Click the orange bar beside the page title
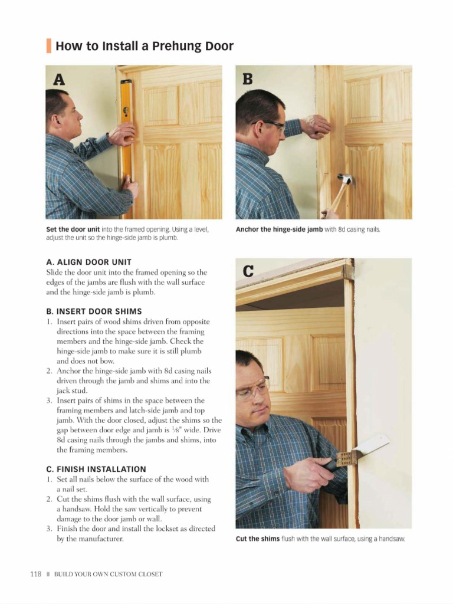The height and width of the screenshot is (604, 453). (x=48, y=45)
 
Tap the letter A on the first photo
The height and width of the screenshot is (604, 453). (x=59, y=79)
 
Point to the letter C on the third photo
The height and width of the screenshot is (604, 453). (x=248, y=271)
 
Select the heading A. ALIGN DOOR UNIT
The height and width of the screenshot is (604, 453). (x=88, y=261)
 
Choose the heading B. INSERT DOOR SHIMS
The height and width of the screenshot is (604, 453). (x=94, y=311)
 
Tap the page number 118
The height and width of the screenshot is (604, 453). (x=35, y=573)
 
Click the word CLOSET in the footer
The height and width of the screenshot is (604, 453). (x=149, y=574)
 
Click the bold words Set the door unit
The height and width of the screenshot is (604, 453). (x=73, y=229)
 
